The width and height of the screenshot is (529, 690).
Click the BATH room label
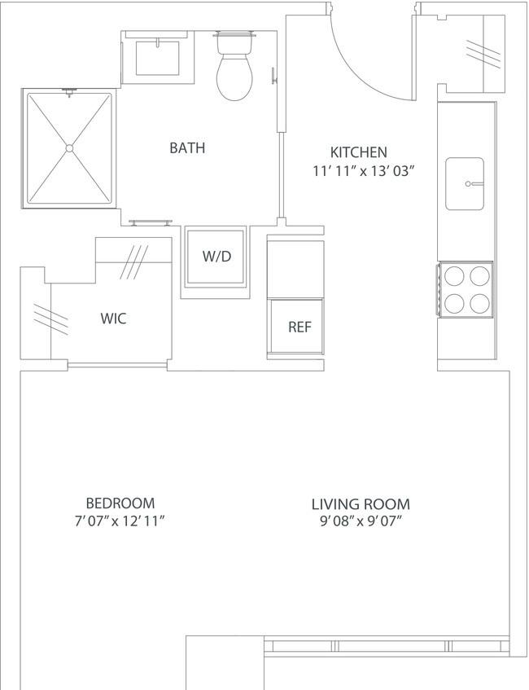[x=187, y=148]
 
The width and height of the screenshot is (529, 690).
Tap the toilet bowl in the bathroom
[x=234, y=77]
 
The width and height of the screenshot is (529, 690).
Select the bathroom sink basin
[x=157, y=58]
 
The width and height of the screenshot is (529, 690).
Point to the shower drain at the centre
[x=69, y=148]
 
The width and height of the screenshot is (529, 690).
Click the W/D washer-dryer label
[x=216, y=256]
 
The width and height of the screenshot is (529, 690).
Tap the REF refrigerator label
[x=299, y=327]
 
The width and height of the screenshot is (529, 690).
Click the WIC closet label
[x=113, y=319]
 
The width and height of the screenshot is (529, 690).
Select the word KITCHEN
[x=358, y=152]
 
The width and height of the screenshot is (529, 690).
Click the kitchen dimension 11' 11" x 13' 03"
[x=364, y=171]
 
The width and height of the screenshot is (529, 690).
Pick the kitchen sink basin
[x=465, y=183]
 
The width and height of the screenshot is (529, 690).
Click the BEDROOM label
[x=120, y=503]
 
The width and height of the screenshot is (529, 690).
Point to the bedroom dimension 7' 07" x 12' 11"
[x=120, y=521]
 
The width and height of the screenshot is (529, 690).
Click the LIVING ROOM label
[x=361, y=504]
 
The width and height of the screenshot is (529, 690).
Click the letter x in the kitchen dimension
[x=363, y=172]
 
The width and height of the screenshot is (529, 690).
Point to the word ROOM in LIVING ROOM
[x=387, y=504]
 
